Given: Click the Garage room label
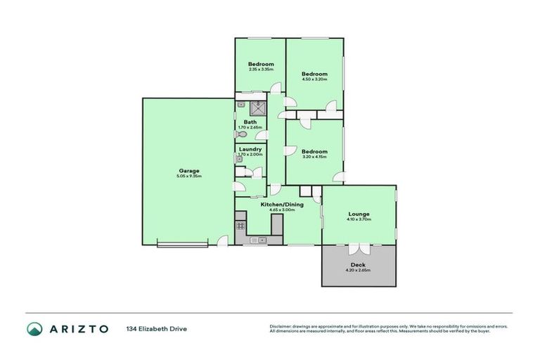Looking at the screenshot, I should coord(188,171).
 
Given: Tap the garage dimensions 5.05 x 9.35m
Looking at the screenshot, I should coord(188,176).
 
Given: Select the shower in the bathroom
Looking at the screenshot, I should coord(258,108).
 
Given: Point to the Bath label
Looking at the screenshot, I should coord(250,122).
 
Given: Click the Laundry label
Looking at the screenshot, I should coord(250,149).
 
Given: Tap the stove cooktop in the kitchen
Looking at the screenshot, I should coord(240,226).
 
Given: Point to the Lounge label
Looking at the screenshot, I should coord(359,214).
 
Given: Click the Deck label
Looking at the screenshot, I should coord(358,265).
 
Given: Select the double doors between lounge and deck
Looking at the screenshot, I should coord(358,249).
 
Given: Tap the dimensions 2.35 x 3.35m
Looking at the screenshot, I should coord(260,69).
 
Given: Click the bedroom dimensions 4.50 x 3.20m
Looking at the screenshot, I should coord(314,79).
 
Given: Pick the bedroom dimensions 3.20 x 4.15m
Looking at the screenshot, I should coord(314,157).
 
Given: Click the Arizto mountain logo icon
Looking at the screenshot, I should coord(34,328).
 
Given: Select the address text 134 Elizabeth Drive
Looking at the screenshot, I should coord(157,328).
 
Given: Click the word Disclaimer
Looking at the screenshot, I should coord(282,326).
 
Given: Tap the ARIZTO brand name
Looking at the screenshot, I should coord(78,328).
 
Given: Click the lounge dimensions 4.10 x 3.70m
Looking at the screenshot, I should coord(359,220).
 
